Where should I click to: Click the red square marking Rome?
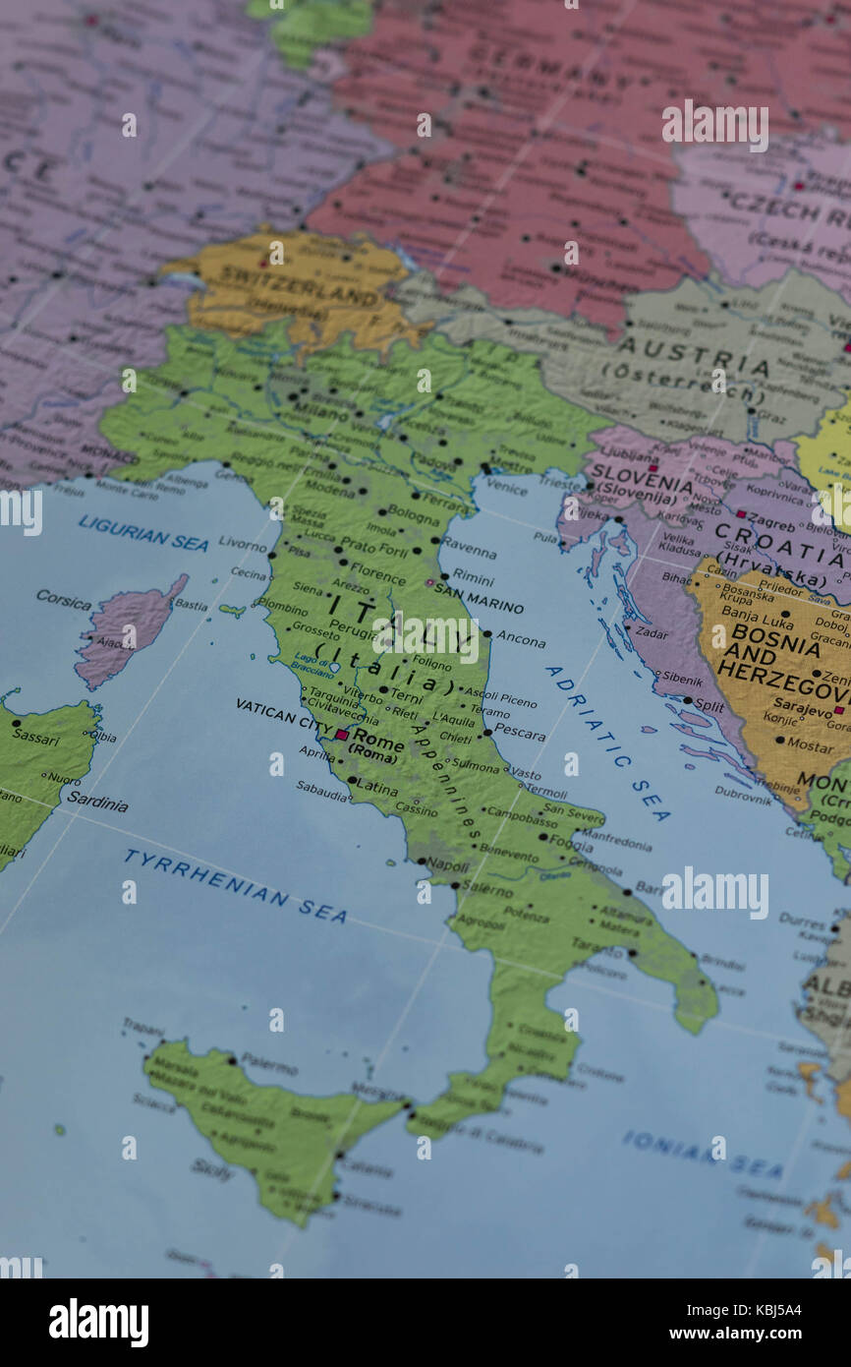click(x=341, y=735)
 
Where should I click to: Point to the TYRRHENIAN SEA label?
click(x=235, y=886)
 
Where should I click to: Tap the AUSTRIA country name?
click(x=693, y=354)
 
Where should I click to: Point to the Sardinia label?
click(x=96, y=802)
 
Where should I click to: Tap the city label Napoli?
click(x=447, y=865)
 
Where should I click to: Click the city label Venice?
click(x=506, y=486)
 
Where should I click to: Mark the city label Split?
click(x=709, y=705)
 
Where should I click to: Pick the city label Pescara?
click(x=519, y=733)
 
